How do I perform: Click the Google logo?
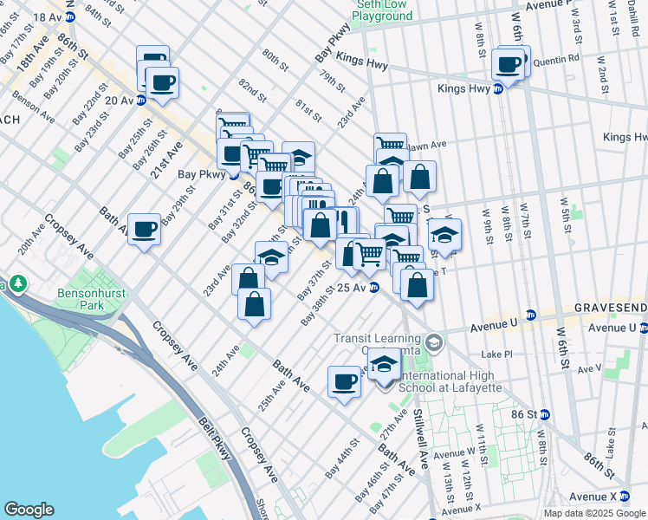tap(29, 510)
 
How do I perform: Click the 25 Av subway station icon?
tap(373, 288)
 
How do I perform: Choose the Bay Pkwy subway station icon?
tap(233, 173)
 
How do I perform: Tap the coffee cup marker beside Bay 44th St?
tap(345, 381)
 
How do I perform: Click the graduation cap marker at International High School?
tap(385, 365)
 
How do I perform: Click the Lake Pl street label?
tap(497, 354)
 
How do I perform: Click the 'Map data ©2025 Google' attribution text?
tap(593, 513)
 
